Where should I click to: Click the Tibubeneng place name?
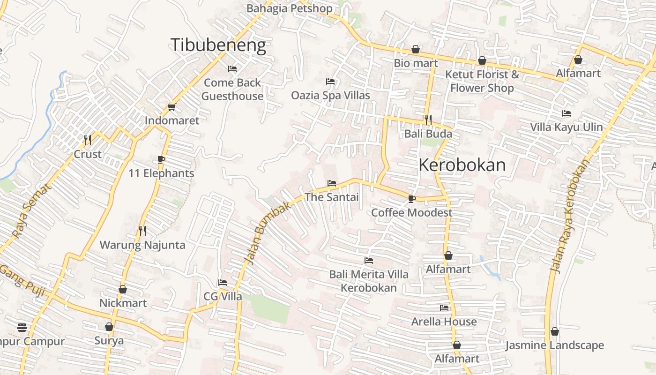(x=218, y=45)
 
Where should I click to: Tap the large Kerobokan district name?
(x=462, y=165)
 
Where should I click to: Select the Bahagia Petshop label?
(x=289, y=8)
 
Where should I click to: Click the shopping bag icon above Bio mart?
(x=416, y=49)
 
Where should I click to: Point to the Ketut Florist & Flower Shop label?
(x=482, y=81)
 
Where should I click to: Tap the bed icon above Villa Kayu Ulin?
(x=567, y=113)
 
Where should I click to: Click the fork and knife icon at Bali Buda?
(x=428, y=120)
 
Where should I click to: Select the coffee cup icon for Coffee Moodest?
(x=411, y=199)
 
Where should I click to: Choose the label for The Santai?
(x=332, y=197)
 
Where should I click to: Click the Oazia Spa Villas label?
(x=330, y=95)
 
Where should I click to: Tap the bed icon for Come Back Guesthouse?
(x=232, y=69)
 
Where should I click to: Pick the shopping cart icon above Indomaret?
(x=171, y=107)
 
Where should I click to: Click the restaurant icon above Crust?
(x=88, y=140)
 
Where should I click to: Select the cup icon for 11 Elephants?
(x=161, y=159)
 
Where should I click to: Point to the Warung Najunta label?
(x=142, y=245)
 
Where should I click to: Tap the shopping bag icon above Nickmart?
(x=123, y=289)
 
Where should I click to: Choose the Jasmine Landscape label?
(x=555, y=345)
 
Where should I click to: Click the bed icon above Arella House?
(x=444, y=308)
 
